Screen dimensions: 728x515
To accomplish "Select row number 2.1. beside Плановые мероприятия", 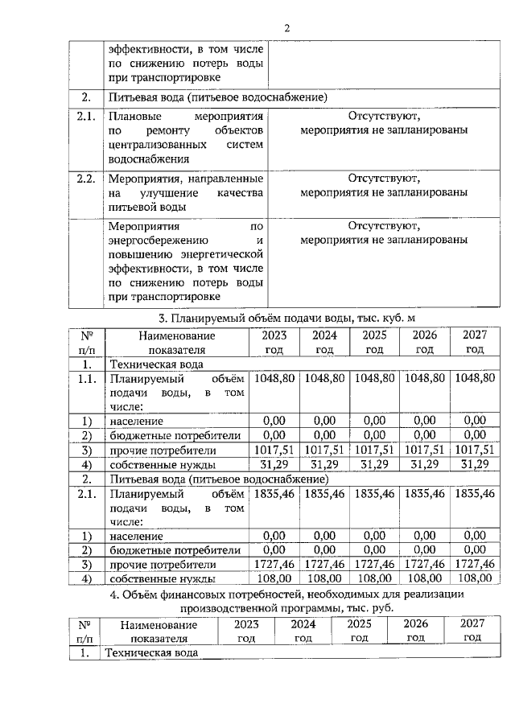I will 86,117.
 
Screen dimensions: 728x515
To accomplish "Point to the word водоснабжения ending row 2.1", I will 145,160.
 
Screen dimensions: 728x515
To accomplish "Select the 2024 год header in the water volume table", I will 324,342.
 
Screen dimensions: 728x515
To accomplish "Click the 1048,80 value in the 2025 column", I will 374,377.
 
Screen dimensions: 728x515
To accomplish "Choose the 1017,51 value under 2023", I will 274,450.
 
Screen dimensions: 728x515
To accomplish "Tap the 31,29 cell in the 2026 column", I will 424,464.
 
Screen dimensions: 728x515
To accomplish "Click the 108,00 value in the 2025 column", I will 374,578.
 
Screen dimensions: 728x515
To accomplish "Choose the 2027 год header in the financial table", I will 472,630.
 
